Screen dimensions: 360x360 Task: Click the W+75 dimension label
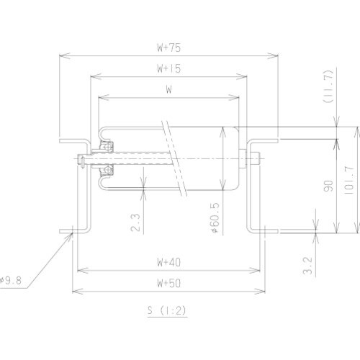(x=169, y=48)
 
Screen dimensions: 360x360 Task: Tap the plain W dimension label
(x=168, y=91)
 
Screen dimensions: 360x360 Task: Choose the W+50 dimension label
(x=168, y=284)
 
